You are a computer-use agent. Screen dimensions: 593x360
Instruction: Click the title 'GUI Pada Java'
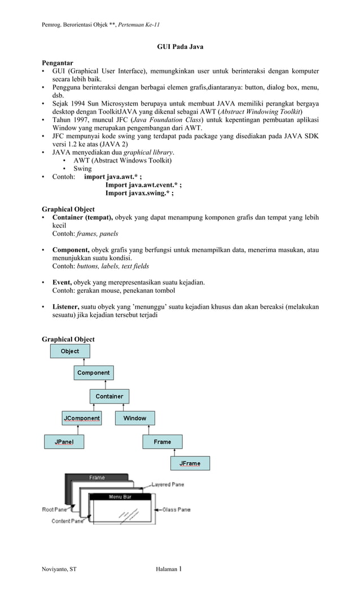point(180,47)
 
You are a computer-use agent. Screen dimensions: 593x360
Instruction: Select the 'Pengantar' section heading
point(58,63)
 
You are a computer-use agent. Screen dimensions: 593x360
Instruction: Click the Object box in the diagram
point(70,351)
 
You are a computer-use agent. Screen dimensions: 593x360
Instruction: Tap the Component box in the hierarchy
point(94,373)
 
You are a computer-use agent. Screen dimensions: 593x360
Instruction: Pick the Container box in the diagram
point(109,396)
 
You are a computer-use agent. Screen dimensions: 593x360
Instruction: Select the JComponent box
point(81,418)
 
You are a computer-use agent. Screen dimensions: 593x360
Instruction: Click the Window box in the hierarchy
point(135,418)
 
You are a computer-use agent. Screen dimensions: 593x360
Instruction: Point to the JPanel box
point(64,442)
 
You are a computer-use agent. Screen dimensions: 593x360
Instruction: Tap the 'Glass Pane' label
point(176,509)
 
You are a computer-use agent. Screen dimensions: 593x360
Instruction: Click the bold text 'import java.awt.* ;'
point(113,177)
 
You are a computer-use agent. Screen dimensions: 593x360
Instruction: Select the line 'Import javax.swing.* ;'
point(139,193)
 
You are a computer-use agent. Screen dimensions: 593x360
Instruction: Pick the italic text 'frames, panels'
point(97,233)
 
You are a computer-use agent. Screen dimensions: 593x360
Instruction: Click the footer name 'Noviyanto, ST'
point(59,570)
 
